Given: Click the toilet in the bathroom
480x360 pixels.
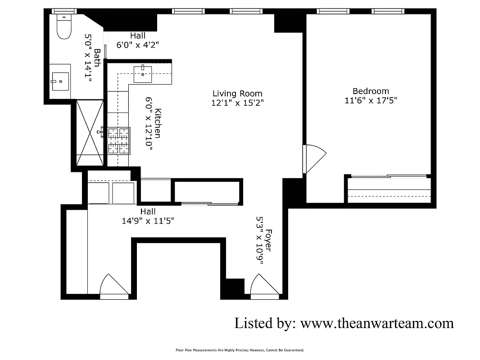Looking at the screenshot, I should tap(64, 27).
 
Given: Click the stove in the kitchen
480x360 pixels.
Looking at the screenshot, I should tap(118, 141).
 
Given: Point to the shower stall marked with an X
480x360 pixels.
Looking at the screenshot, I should tap(90, 133).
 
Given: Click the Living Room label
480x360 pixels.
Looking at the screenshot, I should tap(237, 94).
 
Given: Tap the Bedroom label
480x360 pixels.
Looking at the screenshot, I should tap(371, 91).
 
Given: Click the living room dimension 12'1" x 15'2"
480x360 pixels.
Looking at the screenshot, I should tap(237, 103).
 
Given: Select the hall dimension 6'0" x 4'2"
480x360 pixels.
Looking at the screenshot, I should tap(138, 45).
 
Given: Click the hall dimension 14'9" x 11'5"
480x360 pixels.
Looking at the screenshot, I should tap(148, 220).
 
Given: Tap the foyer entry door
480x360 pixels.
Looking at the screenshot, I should tap(264, 286).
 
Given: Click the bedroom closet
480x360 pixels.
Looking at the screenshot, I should tap(389, 189).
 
